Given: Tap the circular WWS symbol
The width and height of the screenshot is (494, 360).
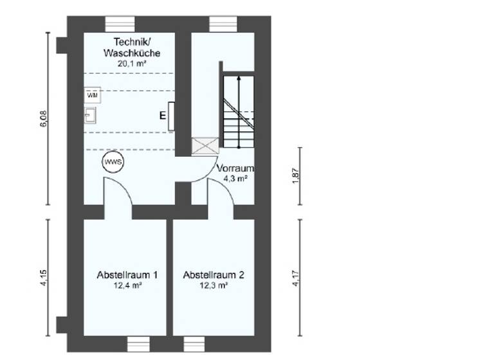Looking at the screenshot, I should tap(113, 161).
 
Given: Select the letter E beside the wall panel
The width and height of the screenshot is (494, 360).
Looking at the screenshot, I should tap(163, 116).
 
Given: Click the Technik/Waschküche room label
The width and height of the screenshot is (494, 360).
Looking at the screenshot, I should tap(132, 47).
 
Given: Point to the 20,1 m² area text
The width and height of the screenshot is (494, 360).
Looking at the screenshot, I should tap(132, 64).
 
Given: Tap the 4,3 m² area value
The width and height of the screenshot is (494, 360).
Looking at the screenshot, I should tap(235, 179).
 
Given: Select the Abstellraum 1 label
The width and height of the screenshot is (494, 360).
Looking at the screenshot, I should tap(128, 274).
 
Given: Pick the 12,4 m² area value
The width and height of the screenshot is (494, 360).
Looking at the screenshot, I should tap(128, 286).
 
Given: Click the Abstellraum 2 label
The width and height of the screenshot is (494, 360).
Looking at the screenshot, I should tap(214, 274).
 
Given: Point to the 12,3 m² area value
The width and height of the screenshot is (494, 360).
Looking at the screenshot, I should tap(214, 286).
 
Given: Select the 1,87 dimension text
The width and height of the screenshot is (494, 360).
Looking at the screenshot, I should tap(295, 176).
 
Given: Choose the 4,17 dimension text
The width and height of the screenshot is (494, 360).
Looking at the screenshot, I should tap(295, 278).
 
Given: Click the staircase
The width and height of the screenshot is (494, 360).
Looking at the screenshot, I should tap(238, 113).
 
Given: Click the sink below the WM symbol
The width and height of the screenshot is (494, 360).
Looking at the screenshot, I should tap(90, 115).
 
